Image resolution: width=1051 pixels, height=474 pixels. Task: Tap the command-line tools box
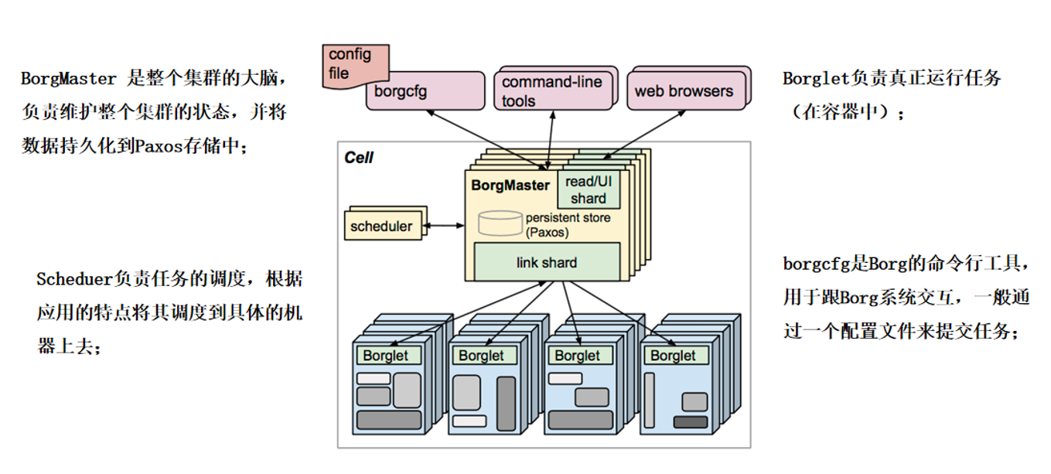tap(551, 91)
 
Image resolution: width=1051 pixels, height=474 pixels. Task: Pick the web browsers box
tap(684, 90)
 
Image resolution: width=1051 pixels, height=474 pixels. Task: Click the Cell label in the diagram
tap(359, 158)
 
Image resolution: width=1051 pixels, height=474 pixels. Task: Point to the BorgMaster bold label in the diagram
tap(510, 186)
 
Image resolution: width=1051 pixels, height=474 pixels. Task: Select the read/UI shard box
tap(589, 190)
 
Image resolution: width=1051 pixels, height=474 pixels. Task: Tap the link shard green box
tap(546, 263)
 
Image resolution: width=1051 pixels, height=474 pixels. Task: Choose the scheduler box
tap(381, 227)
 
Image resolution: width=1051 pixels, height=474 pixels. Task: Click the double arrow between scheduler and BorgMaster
tap(444, 227)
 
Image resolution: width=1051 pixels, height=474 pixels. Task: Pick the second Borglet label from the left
tap(481, 356)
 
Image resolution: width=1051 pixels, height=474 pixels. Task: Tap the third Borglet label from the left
tap(577, 356)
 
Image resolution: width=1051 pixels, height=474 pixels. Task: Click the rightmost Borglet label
tap(673, 356)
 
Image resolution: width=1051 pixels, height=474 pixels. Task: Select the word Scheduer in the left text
tap(75, 279)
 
